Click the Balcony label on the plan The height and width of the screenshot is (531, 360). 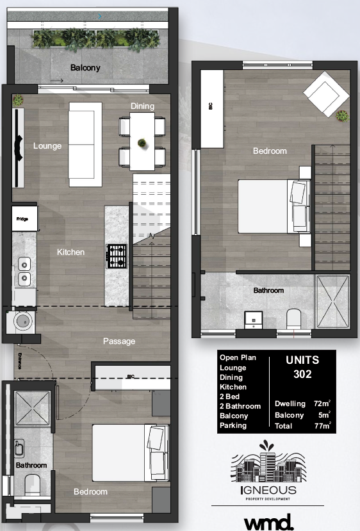click(85, 68)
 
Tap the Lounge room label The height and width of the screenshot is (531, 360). click(47, 146)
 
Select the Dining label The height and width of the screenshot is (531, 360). click(142, 106)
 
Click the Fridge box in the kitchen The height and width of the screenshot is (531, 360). click(23, 219)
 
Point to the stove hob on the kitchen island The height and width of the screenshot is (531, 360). click(117, 256)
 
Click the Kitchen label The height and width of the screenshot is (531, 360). click(70, 252)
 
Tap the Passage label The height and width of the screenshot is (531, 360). click(119, 341)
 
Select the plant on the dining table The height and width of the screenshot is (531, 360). click(142, 142)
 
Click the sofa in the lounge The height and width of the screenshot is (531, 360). click(85, 143)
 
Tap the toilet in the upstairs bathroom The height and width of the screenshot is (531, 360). click(294, 318)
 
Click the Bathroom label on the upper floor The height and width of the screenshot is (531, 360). click(268, 291)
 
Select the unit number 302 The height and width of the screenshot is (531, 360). click(301, 374)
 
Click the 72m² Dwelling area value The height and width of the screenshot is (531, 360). click(321, 404)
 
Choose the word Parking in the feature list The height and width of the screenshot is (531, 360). click(233, 425)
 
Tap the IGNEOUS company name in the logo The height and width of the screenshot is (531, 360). click(268, 491)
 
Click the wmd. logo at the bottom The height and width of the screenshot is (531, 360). click(268, 520)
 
